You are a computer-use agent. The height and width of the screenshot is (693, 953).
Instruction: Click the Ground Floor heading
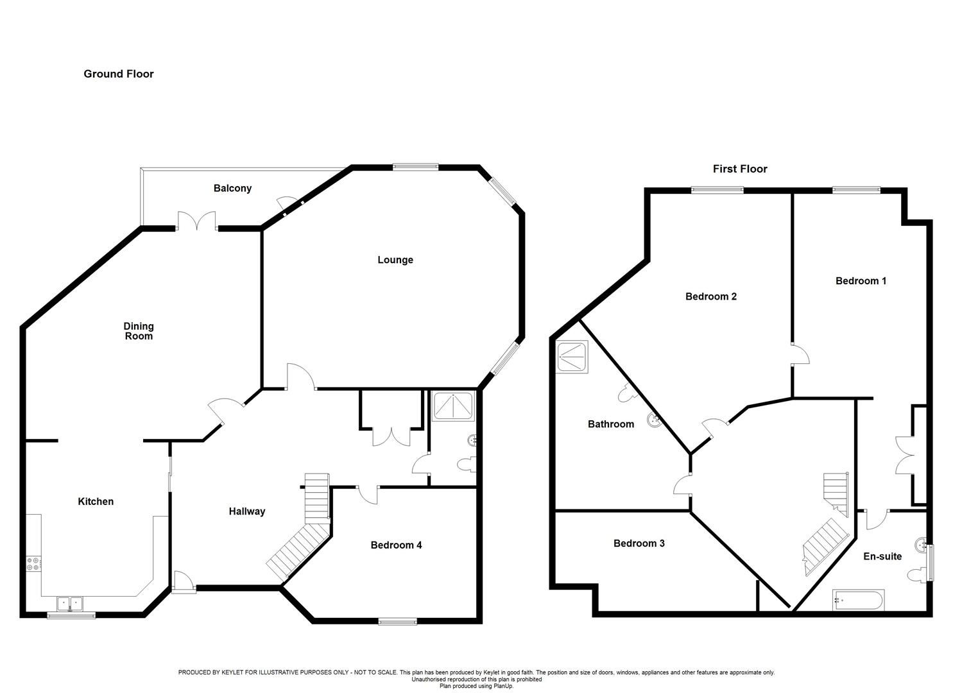[x=118, y=74]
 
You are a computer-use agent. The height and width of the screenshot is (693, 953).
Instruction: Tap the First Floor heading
[x=740, y=169]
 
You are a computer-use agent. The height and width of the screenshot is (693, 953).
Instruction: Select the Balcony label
[x=232, y=189]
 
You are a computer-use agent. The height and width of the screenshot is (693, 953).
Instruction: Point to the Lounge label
[x=395, y=260]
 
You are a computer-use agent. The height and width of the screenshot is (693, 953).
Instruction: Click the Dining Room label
[x=139, y=331]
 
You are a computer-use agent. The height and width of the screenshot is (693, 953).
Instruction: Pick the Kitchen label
[x=96, y=502]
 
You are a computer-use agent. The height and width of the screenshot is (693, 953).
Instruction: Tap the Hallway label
[x=247, y=511]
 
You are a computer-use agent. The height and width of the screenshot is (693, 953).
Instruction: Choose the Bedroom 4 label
[x=396, y=545]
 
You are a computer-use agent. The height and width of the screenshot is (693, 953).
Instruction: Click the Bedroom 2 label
[x=711, y=296]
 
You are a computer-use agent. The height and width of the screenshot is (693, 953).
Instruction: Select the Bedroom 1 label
[x=861, y=281]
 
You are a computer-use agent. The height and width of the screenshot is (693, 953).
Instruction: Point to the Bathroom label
[x=611, y=424]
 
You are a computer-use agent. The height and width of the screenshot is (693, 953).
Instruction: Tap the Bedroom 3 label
[x=639, y=543]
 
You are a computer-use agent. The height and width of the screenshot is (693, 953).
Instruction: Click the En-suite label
[x=882, y=556]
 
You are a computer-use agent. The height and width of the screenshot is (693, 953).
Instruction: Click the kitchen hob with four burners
[x=34, y=563]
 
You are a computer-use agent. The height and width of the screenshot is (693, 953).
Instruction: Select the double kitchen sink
[x=70, y=604]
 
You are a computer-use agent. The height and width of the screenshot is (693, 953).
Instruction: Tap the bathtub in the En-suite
[x=859, y=600]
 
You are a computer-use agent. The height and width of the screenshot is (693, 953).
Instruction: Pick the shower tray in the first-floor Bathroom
[x=572, y=357]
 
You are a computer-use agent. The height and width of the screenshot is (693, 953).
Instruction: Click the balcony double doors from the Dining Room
[x=196, y=221]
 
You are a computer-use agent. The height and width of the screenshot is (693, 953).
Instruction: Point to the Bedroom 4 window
[x=398, y=622]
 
